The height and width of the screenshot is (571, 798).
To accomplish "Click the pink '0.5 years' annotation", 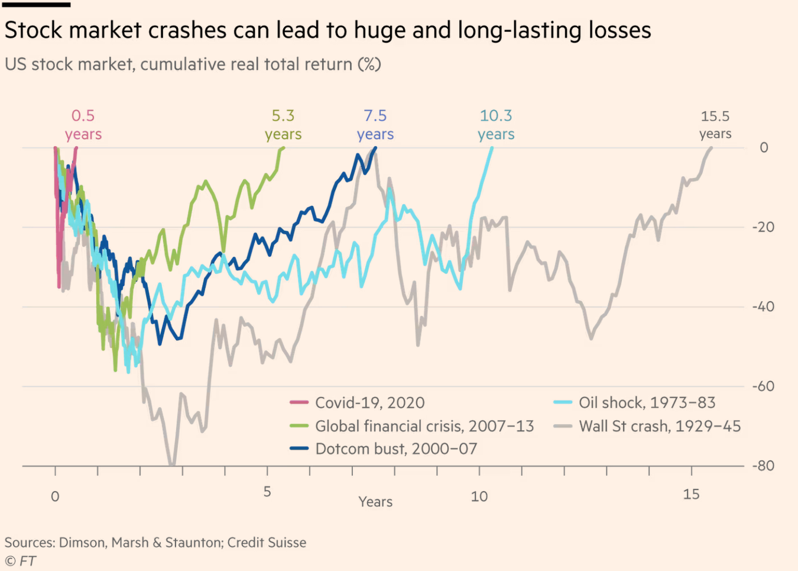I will pos(83,125).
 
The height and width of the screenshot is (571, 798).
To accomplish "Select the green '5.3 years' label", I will pos(283,125).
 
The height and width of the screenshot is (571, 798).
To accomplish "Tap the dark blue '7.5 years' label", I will pos(375,125).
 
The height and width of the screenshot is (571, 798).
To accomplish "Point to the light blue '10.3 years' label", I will pos(496,125).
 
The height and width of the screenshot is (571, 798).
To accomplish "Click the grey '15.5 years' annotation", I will pos(715,125).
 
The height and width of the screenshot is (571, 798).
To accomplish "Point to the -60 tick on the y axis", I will pos(763,386).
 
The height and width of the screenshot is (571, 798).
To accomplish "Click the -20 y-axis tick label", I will pos(763,227).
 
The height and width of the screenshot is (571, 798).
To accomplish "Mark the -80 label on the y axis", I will pos(763,466).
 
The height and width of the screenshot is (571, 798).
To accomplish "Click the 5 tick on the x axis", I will pos(267,492).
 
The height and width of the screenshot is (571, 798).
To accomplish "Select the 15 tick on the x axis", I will pos(691,494).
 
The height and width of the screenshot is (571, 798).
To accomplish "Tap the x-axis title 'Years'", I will pos(375,502).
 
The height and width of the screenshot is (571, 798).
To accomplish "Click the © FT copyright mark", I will pos(20,561).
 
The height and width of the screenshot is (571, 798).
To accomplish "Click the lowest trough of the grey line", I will pos(171,465).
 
